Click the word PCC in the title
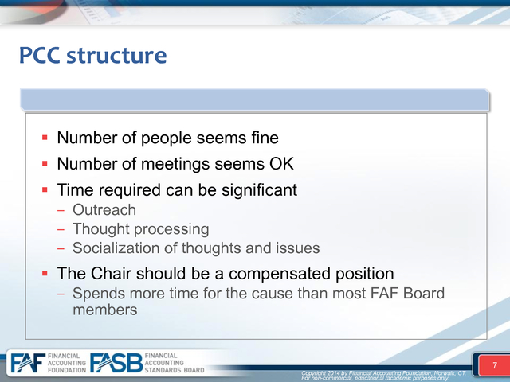pyautogui.click(x=39, y=55)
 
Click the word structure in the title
pyautogui.click(x=116, y=55)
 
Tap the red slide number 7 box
pyautogui.click(x=494, y=365)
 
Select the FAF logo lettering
pyautogui.click(x=28, y=363)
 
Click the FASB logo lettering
pyautogui.click(x=116, y=363)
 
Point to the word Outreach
pyautogui.click(x=104, y=210)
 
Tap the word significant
pyautogui.click(x=259, y=190)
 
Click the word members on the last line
pyautogui.click(x=104, y=310)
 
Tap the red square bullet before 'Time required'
pyautogui.click(x=45, y=189)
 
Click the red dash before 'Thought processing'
pyautogui.click(x=61, y=230)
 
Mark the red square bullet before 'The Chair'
pyautogui.click(x=45, y=274)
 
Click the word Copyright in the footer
pyautogui.click(x=314, y=373)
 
